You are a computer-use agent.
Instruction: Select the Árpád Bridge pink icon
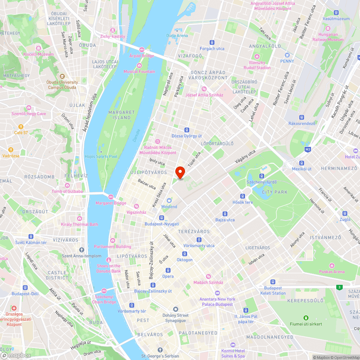point(141,50)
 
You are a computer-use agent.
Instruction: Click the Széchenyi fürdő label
point(261,182)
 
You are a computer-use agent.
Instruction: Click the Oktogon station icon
point(184,254)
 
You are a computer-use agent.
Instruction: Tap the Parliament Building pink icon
point(113,240)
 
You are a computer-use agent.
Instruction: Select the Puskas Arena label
point(331,272)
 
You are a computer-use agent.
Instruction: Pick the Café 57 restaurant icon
point(21,127)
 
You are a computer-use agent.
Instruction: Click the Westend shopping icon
point(169,201)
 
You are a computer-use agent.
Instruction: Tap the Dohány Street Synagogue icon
point(175,310)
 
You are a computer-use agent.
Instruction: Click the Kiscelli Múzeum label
point(39,54)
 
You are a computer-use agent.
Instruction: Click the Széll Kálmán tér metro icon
point(31,237)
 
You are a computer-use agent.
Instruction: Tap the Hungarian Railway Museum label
point(328,37)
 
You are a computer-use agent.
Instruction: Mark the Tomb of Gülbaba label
point(67,191)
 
